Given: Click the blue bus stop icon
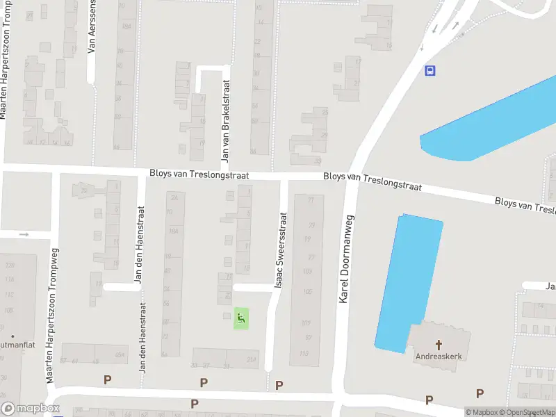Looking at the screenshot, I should click(430, 70).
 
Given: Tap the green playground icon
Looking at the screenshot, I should click(240, 319).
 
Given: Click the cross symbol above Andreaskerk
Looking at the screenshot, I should click(439, 344).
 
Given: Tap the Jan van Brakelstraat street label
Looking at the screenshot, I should click(225, 121).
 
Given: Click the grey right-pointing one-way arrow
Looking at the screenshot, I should click(24, 235).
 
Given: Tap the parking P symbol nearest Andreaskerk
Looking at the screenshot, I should click(430, 400).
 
